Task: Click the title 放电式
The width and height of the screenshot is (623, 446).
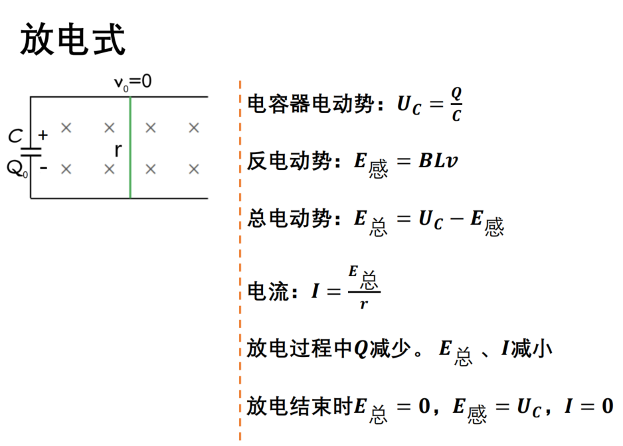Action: [73, 39]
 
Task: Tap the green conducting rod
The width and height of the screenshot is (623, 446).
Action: [130, 147]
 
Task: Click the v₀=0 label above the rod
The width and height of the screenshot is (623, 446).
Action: [133, 82]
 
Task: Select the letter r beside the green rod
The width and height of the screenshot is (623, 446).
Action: [118, 150]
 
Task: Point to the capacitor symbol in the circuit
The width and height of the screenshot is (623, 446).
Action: [31, 153]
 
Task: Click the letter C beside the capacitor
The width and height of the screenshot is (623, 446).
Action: [15, 136]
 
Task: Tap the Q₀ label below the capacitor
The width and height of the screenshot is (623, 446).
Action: [17, 169]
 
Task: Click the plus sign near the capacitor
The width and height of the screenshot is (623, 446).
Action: [43, 135]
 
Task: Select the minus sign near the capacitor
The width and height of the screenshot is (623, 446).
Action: [44, 169]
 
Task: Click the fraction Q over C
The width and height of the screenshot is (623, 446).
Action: [456, 104]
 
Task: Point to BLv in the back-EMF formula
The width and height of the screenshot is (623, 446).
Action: [438, 161]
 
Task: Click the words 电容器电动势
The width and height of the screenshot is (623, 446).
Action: [311, 104]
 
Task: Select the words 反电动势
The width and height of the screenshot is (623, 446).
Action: [290, 161]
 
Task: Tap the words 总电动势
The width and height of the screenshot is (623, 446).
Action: [290, 218]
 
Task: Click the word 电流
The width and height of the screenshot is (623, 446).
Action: [268, 292]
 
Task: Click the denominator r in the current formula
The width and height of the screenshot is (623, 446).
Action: [364, 304]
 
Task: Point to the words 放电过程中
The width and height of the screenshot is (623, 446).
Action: [300, 348]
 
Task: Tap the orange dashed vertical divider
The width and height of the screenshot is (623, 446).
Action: [240, 261]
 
